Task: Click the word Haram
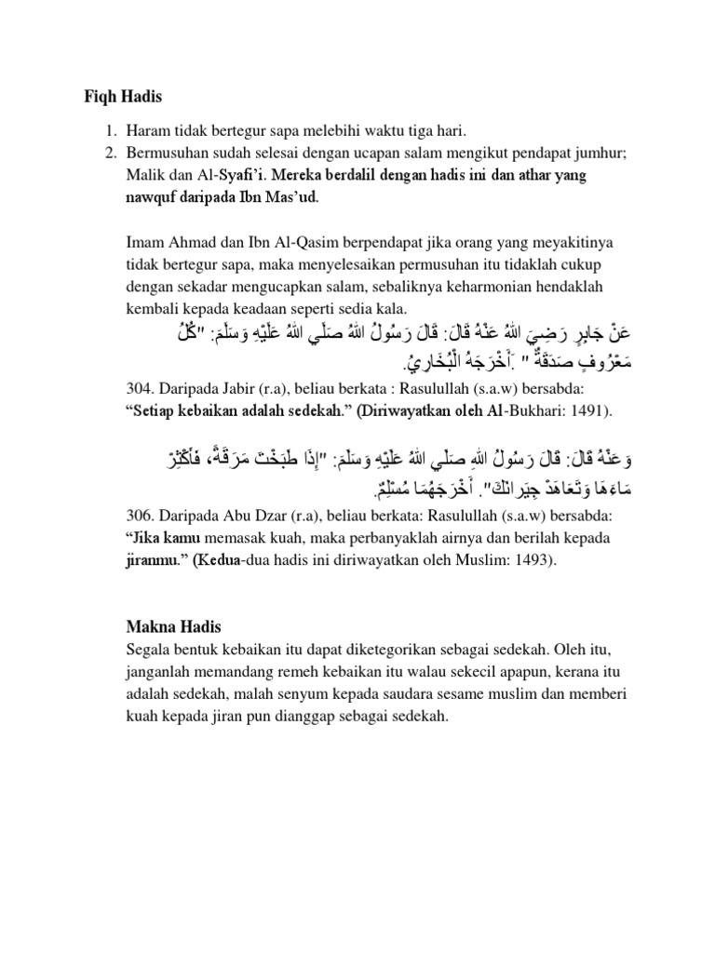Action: [x=149, y=129]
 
